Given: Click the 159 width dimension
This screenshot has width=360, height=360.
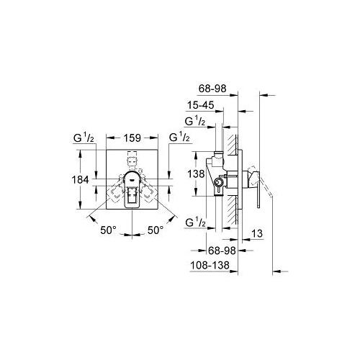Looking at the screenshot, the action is [x=132, y=138].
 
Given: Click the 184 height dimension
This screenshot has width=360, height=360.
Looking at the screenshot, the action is [x=81, y=179].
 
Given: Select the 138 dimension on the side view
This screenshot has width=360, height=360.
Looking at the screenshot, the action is [x=196, y=174].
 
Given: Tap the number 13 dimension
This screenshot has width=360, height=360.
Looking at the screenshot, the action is [x=257, y=233].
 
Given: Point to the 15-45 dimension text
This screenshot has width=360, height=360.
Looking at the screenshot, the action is [x=200, y=105].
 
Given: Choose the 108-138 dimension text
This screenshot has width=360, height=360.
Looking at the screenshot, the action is [x=210, y=266].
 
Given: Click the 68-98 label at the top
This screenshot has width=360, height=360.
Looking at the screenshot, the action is [x=212, y=89].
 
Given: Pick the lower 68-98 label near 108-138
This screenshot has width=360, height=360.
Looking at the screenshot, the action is [x=222, y=251].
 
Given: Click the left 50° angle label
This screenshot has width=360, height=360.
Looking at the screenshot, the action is [x=108, y=230].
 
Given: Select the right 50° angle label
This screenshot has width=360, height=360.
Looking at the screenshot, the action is [x=156, y=230].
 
